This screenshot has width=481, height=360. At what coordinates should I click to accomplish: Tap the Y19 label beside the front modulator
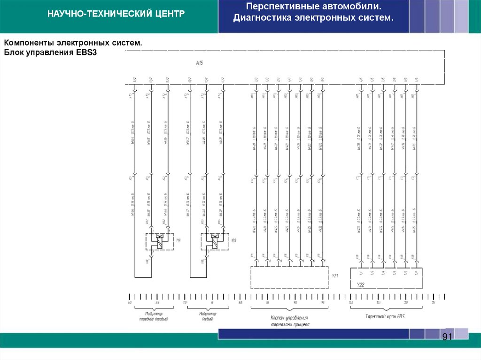[178, 240]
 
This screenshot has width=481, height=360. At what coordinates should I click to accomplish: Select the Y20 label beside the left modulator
[233, 240]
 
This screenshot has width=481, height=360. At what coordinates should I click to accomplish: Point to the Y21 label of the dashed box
[335, 276]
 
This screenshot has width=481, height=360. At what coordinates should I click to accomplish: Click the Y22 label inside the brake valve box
[360, 284]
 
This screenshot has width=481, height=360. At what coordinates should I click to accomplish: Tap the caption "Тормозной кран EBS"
[385, 316]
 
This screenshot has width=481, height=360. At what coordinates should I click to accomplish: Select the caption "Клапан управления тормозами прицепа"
[289, 321]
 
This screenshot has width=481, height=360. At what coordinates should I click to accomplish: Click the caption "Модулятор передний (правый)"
[153, 316]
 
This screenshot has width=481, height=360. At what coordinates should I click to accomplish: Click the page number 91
[446, 337]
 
